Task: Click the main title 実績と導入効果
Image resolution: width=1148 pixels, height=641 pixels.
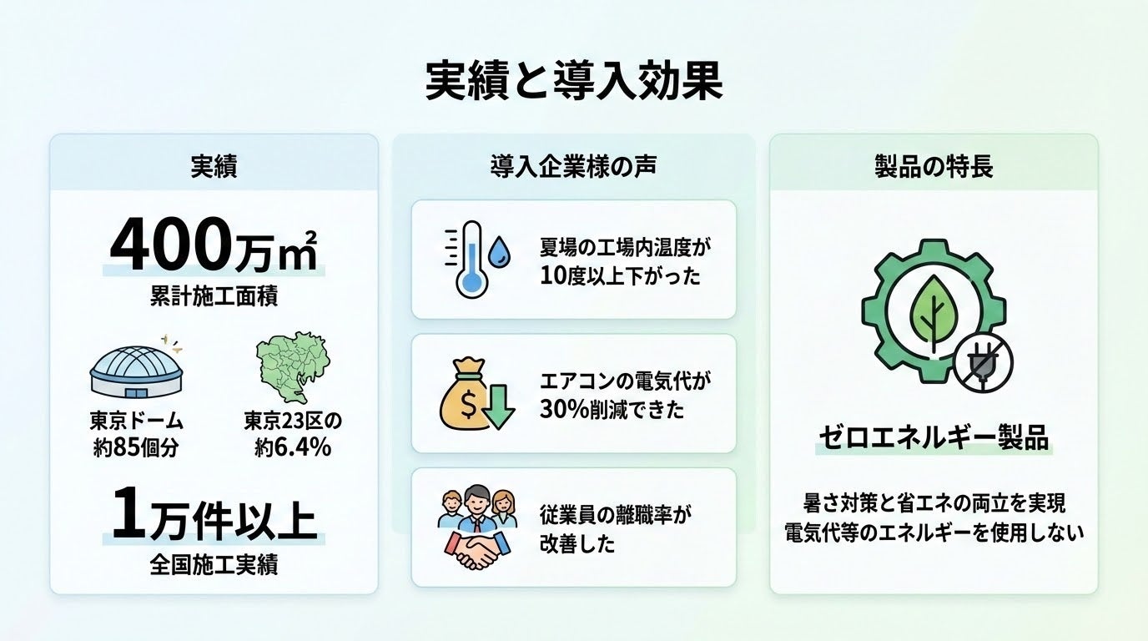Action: pos(573,82)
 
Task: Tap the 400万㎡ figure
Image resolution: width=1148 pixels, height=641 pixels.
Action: pos(214,246)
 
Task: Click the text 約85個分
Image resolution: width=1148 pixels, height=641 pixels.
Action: pos(136,447)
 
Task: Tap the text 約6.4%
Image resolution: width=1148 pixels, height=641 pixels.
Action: pos(292,447)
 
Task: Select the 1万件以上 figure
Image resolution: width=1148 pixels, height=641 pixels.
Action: pos(214,517)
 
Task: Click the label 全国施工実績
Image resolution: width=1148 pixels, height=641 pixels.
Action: pos(214,565)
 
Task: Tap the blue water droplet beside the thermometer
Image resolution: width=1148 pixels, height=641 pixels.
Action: pos(501,250)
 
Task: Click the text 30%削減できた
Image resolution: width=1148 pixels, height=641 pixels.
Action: pos(612,410)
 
